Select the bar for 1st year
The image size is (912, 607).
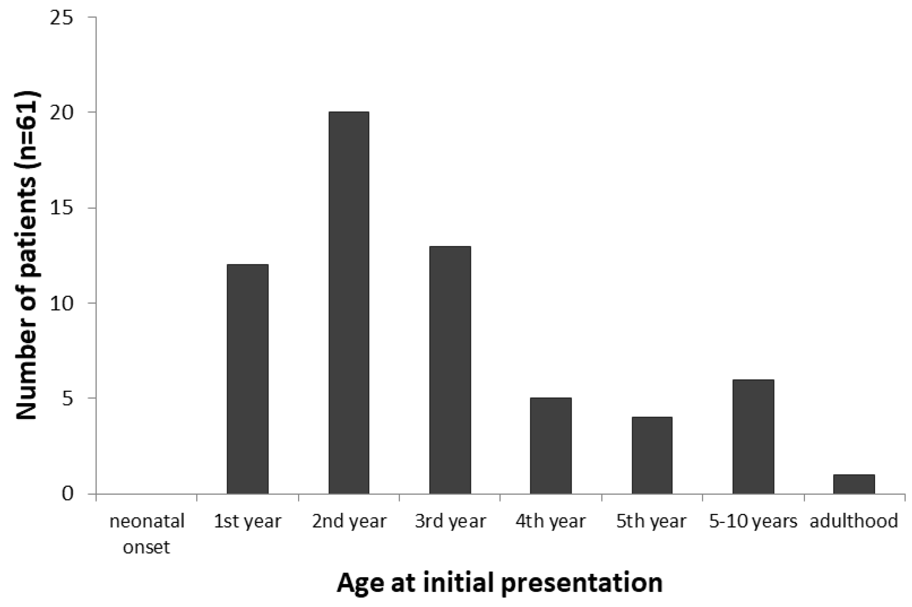(247, 379)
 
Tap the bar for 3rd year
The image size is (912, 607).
(450, 370)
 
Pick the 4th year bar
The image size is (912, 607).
(550, 446)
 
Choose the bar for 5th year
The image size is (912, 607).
(652, 455)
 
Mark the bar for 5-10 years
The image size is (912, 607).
(753, 437)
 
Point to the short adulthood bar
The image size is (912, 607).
(854, 484)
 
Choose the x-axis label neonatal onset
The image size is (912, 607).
(147, 534)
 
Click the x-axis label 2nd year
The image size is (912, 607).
(349, 521)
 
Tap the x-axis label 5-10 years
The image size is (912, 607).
(753, 521)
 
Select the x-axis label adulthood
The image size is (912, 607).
(854, 521)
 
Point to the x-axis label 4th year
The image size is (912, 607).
(550, 521)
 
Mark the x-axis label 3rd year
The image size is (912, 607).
(450, 521)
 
